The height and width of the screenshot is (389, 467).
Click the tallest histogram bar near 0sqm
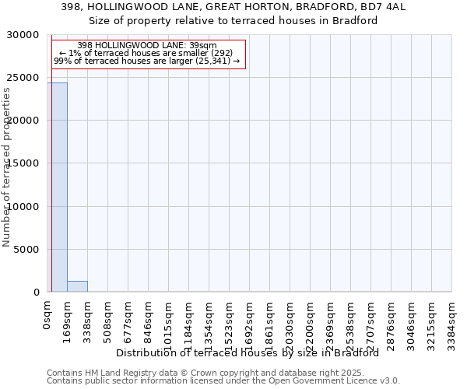pos(57,187)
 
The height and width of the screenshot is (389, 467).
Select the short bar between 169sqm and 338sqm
pos(77,286)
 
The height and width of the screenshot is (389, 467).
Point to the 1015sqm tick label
pos(169,322)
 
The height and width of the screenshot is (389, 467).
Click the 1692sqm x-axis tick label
pos(250,322)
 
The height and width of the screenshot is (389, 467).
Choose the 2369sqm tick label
pos(331,322)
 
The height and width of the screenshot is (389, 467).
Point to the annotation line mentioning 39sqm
pos(147,46)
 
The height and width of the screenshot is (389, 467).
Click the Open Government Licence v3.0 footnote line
pos(223,381)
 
